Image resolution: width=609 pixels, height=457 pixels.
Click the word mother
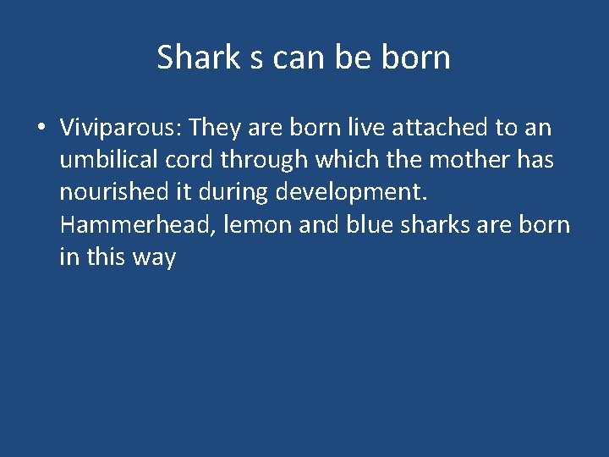pos(466,160)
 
